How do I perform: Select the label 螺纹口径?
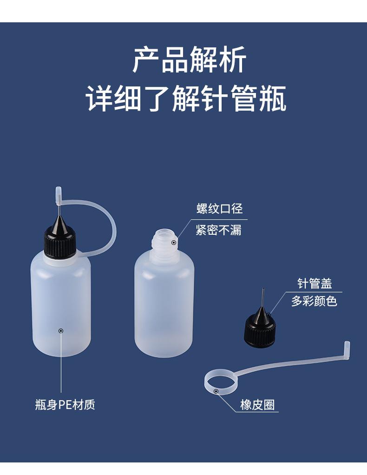coord(219,209)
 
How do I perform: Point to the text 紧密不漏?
coord(218,230)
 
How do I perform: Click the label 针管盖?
coord(315,284)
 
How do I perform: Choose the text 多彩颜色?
coord(314,301)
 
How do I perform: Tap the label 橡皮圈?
coord(257,404)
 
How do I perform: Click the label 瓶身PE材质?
coord(65,404)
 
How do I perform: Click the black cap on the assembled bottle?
coord(59,242)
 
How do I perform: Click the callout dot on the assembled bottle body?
coord(61,330)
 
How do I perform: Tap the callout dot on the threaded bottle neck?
coord(173,242)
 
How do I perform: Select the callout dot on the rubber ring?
coord(216,391)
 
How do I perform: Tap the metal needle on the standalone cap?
coord(262,297)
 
